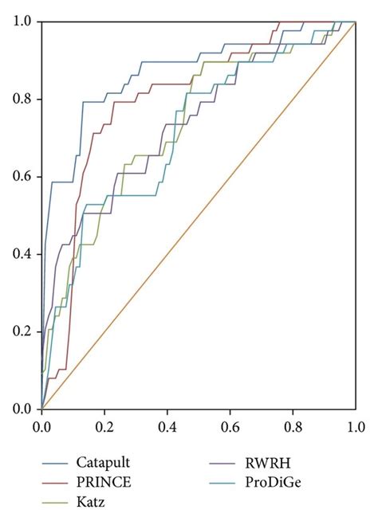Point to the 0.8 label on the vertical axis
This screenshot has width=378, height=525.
point(23,100)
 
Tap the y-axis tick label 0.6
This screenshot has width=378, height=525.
point(23,177)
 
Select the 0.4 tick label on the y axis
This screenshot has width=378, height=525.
point(23,254)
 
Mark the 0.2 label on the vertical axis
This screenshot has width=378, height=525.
point(23,331)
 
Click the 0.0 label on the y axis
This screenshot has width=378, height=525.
point(23,409)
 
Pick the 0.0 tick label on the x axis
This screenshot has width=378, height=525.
point(42,426)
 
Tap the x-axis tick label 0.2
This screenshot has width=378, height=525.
point(104,426)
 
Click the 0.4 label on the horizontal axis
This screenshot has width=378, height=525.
point(167,426)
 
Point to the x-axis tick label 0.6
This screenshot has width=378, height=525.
point(230,426)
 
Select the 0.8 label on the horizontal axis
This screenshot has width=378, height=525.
point(293,426)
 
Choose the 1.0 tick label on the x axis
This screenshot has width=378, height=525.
point(356,426)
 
